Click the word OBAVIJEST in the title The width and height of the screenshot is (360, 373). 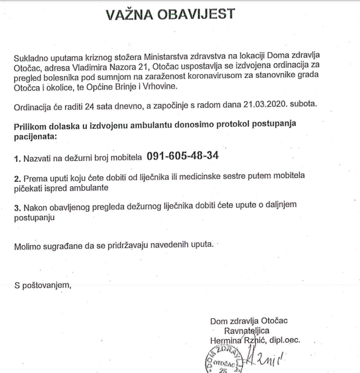click(204, 14)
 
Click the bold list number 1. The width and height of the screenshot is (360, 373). click(17, 157)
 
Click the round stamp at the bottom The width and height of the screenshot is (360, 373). click(222, 362)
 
